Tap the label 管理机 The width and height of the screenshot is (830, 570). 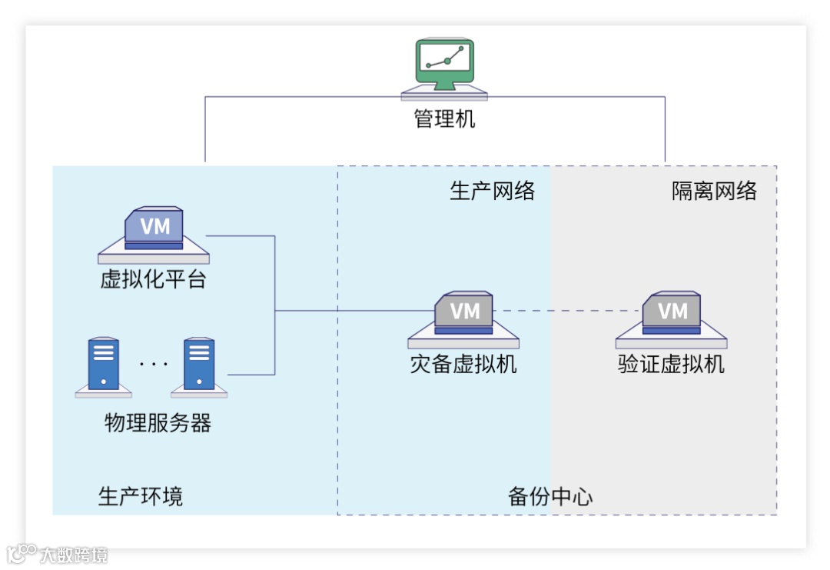click(x=444, y=120)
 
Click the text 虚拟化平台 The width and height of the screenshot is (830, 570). click(x=154, y=278)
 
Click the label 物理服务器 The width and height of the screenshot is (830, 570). click(x=158, y=422)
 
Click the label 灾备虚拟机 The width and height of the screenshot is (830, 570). click(x=463, y=363)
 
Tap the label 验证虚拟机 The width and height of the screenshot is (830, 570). click(x=672, y=363)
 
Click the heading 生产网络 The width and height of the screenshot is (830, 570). click(x=492, y=191)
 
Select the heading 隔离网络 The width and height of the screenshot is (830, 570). click(x=714, y=191)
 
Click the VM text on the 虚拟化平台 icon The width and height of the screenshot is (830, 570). click(x=154, y=227)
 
